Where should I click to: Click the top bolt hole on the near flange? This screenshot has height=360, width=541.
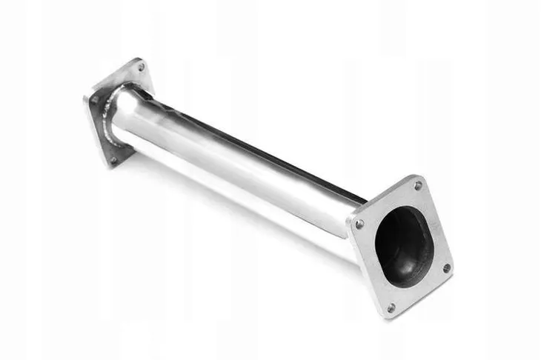tap(418, 185)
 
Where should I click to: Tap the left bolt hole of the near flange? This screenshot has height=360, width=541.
tap(359, 224)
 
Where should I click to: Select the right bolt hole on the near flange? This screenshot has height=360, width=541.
tap(446, 267)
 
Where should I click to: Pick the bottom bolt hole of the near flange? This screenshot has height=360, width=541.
tap(391, 307)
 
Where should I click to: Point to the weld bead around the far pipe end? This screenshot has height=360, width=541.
tap(111, 119)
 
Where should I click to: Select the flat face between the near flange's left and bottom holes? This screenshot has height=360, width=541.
tap(371, 270)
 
